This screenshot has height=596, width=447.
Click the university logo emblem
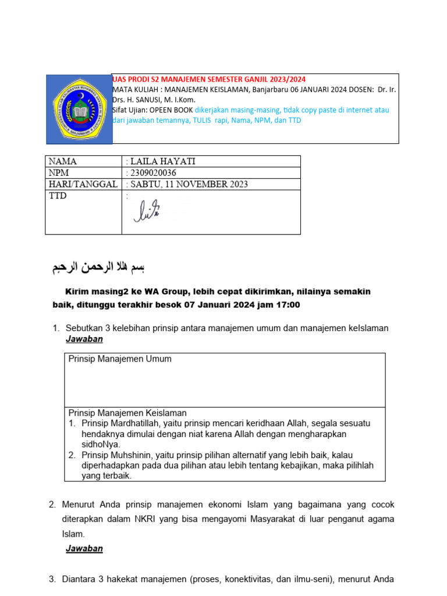[x=79, y=109]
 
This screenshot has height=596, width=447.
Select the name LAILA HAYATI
[x=158, y=161]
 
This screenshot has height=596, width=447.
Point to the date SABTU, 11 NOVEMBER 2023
[x=189, y=185]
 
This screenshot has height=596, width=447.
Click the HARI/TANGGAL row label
[x=83, y=185]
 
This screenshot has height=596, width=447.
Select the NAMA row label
[x=63, y=161]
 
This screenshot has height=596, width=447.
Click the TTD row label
[x=58, y=196]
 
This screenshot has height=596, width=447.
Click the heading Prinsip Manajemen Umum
[x=120, y=359]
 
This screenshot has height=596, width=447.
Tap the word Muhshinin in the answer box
[x=132, y=455]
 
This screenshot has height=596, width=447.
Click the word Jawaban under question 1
[x=84, y=339]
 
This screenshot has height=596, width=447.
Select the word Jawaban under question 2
[x=84, y=548]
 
